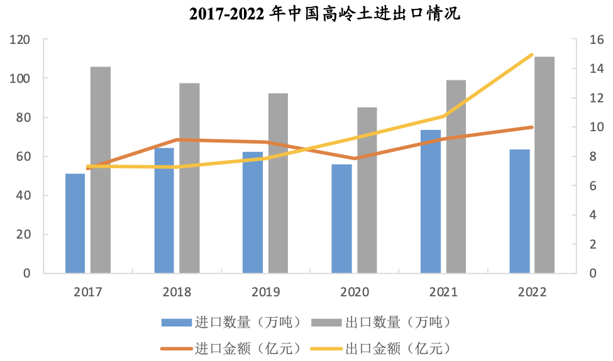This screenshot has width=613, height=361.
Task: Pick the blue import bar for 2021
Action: point(431,201)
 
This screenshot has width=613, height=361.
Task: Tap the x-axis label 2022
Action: point(533,292)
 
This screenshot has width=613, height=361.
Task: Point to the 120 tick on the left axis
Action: point(20,40)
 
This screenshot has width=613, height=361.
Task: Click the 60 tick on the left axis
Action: point(23,156)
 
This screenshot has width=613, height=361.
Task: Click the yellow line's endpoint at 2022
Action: point(532,55)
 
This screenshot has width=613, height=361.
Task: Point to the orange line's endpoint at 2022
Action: point(532,127)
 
